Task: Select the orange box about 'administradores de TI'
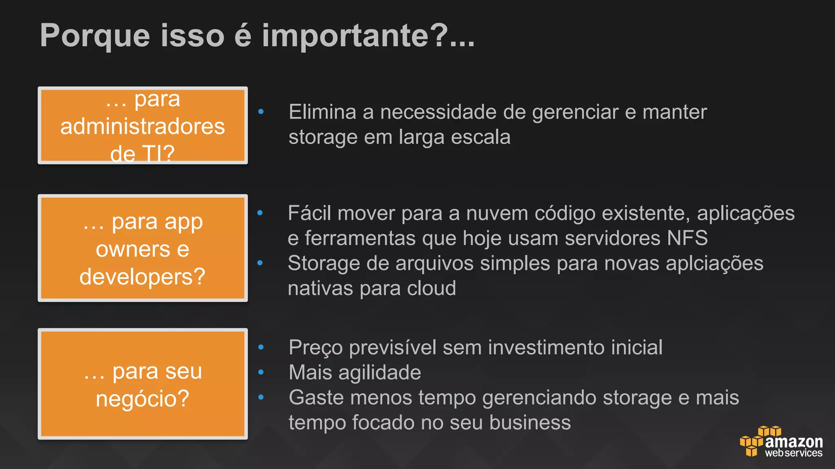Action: [x=143, y=125]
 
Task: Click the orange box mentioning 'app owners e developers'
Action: [x=143, y=248]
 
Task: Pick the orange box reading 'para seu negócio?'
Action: [x=143, y=384]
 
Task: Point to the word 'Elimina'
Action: [x=322, y=112]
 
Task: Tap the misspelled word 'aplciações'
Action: [x=714, y=263]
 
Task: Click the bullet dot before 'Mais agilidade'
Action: [x=261, y=372]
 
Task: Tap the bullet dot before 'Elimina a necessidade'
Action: [x=261, y=111]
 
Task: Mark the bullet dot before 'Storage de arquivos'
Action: [x=260, y=263]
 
